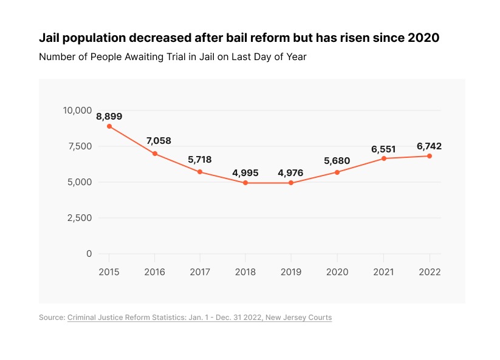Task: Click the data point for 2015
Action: coord(109,126)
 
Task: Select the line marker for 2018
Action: coord(245,183)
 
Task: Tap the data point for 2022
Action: coord(429,156)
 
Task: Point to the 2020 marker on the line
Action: coord(337,172)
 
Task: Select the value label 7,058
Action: coord(159,141)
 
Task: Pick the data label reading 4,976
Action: coord(290,173)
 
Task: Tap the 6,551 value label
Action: coord(383,149)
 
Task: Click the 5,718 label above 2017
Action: coord(199,160)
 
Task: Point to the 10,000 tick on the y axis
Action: coord(77,110)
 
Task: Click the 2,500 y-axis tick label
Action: coord(79,218)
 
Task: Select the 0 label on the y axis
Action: coord(89,254)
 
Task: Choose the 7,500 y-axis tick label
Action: coord(79,146)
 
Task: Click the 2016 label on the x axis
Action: coord(155,272)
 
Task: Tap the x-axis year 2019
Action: coord(291,272)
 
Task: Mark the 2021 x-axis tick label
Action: coord(383,272)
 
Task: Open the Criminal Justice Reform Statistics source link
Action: coord(199,318)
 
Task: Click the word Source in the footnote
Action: coord(51,318)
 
